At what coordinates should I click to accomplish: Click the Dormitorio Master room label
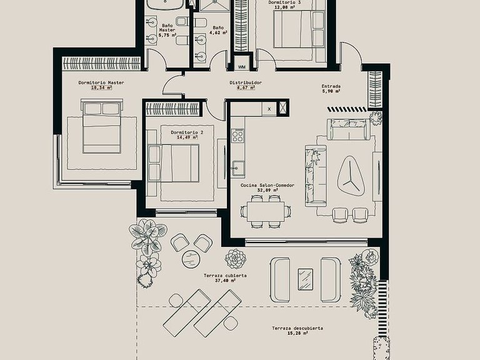[x=101, y=82]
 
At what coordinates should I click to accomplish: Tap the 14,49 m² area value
[x=187, y=137]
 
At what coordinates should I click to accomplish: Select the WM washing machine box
[x=241, y=67]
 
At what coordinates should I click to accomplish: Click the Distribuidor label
[x=246, y=82]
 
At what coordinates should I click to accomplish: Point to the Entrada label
[x=331, y=86]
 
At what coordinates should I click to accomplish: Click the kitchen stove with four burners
[x=237, y=135]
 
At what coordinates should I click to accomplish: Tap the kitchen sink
[x=238, y=169]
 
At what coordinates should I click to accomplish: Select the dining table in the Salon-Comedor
[x=266, y=211]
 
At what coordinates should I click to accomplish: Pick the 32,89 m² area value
[x=267, y=190]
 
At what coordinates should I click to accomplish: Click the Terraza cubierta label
[x=225, y=276]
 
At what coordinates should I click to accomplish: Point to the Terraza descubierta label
[x=297, y=328]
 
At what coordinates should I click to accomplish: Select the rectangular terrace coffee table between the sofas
[x=306, y=279]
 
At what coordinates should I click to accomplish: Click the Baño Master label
[x=167, y=28]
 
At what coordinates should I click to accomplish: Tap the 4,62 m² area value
[x=221, y=32]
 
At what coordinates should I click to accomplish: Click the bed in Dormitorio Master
[x=102, y=126]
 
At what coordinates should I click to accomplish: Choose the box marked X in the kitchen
[x=269, y=109]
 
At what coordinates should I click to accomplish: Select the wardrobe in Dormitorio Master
[x=101, y=64]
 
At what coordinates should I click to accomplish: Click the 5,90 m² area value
[x=331, y=91]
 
